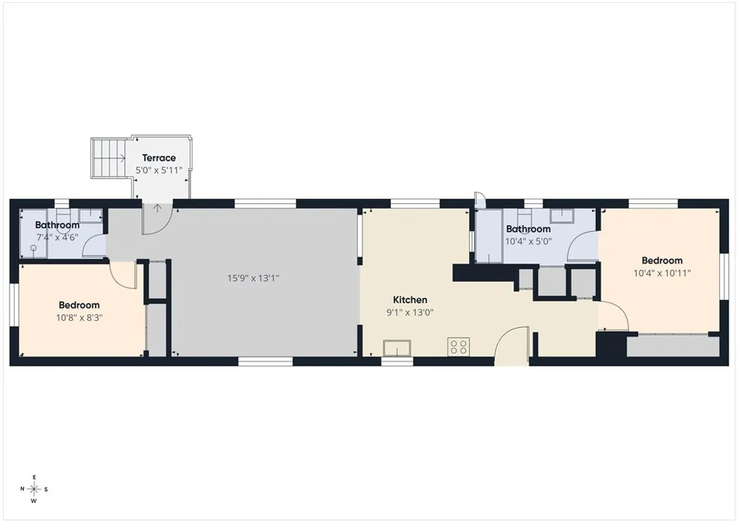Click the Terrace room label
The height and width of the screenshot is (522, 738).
[x=159, y=158]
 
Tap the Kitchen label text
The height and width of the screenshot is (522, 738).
[x=410, y=300]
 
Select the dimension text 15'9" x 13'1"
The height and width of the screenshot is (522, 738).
[x=253, y=278]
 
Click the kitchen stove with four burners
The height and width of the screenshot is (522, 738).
[x=458, y=347]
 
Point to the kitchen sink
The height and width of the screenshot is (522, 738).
[x=397, y=348]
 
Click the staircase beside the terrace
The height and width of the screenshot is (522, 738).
[x=109, y=158]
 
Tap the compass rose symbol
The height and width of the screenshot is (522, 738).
[x=34, y=489]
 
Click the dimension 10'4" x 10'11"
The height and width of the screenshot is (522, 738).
[x=662, y=273]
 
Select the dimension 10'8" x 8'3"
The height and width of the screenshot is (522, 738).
[x=79, y=318]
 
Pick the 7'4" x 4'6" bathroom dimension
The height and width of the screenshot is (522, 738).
[x=57, y=238]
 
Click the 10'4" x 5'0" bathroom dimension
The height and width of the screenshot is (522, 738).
[x=528, y=242]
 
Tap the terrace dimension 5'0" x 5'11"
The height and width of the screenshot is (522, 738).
[x=159, y=170]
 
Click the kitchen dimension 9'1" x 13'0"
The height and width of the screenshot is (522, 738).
[x=410, y=312]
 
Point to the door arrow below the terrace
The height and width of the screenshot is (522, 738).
[x=157, y=208]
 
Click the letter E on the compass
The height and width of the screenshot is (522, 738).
[x=34, y=477]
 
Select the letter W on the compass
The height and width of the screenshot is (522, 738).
[x=34, y=501]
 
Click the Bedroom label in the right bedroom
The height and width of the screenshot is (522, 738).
[x=662, y=261]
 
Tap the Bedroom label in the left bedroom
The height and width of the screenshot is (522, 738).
[x=79, y=305]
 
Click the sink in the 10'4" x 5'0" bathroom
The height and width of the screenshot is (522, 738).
[x=562, y=216]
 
